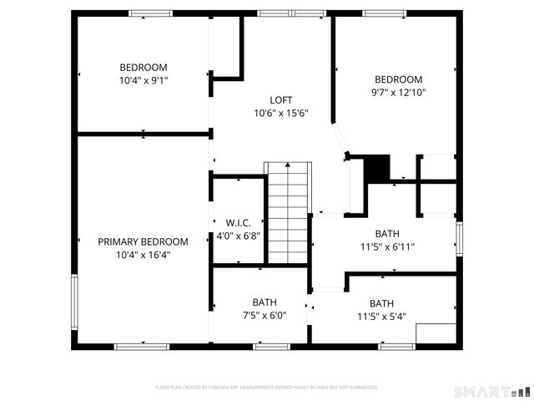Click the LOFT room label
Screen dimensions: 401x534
pyautogui.click(x=281, y=99)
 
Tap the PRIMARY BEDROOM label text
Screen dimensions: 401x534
pyautogui.click(x=143, y=241)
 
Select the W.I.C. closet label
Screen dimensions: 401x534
pyautogui.click(x=238, y=223)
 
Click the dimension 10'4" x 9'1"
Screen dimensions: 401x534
pyautogui.click(x=143, y=81)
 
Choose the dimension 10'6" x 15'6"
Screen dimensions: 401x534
pyautogui.click(x=281, y=113)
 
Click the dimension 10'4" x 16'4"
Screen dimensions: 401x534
pyautogui.click(x=143, y=255)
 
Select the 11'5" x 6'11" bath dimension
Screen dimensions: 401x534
pyautogui.click(x=387, y=246)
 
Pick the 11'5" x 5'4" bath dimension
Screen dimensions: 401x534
pyautogui.click(x=381, y=317)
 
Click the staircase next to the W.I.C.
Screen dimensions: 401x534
pyautogui.click(x=287, y=213)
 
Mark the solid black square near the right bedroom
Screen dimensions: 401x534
pyautogui.click(x=378, y=168)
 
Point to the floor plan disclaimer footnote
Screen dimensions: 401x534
pyautogui.click(x=267, y=388)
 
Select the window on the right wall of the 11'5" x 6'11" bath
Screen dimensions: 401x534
pyautogui.click(x=458, y=236)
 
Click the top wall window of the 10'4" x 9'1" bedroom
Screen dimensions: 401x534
pyautogui.click(x=150, y=13)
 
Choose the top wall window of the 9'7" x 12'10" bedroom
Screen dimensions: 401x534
pyautogui.click(x=384, y=13)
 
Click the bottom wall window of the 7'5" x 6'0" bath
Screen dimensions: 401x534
pyautogui.click(x=271, y=346)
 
